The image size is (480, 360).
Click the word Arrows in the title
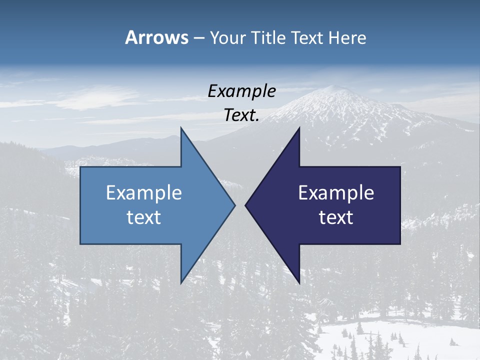[156, 37]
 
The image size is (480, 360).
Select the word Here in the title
[347, 37]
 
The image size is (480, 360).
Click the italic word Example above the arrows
[241, 91]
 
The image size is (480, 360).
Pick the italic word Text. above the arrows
[241, 115]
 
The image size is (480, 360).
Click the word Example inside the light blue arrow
[144, 193]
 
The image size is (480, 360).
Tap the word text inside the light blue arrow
[144, 217]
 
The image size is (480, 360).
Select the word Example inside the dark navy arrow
[336, 193]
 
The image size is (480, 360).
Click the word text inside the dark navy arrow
[336, 217]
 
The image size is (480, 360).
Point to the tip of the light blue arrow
[234, 205]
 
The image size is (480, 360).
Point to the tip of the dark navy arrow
[245, 205]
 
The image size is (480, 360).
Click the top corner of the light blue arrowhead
[181, 128]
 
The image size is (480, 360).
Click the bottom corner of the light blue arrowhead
[181, 282]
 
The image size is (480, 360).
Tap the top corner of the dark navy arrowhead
[299, 128]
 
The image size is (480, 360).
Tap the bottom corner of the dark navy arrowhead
[299, 282]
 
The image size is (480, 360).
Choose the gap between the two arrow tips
[240, 205]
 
